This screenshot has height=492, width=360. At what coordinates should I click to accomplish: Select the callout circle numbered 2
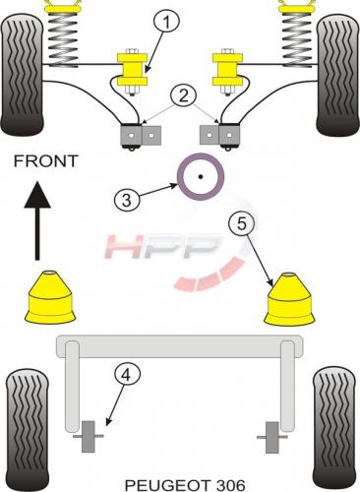[183, 95]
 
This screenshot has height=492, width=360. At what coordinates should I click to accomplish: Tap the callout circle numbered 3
[127, 199]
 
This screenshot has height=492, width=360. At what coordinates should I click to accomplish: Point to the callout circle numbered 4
[127, 375]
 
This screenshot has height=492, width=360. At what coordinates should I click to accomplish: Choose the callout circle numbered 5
[242, 224]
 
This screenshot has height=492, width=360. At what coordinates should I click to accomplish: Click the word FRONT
[45, 161]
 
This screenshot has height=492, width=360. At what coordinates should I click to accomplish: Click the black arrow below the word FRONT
[37, 220]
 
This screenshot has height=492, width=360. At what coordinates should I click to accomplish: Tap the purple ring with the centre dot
[201, 177]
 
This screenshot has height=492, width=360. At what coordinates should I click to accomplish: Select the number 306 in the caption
[230, 485]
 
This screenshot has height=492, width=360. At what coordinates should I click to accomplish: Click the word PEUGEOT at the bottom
[167, 485]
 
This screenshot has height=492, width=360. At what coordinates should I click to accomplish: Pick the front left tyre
[22, 75]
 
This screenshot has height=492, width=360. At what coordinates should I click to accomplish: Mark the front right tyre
[337, 75]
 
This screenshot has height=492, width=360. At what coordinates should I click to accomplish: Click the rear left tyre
[28, 430]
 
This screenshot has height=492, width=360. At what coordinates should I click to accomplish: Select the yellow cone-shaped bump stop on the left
[50, 297]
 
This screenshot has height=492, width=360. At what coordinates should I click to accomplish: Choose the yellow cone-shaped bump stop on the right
[289, 299]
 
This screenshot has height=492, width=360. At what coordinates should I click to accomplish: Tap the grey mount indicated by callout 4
[89, 437]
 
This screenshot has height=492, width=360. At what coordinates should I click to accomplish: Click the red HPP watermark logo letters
[162, 247]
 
